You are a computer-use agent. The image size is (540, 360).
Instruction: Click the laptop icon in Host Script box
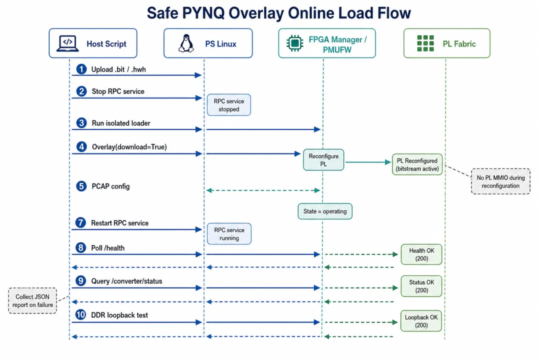click(67, 43)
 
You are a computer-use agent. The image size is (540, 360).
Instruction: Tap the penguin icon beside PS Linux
click(186, 43)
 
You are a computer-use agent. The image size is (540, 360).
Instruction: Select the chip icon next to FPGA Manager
click(295, 43)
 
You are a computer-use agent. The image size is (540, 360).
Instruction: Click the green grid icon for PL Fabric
click(425, 43)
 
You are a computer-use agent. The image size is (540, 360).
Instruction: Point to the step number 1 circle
click(81, 69)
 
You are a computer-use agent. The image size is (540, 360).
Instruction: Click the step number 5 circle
click(81, 186)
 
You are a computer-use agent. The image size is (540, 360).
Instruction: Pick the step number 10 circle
click(80, 314)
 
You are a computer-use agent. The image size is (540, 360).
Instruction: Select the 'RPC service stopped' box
click(229, 105)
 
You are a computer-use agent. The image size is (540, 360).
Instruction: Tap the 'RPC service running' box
click(229, 234)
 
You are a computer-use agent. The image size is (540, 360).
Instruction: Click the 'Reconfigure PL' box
click(323, 160)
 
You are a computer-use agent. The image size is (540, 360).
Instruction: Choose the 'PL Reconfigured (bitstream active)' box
click(417, 164)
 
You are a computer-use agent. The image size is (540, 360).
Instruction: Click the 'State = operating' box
click(325, 211)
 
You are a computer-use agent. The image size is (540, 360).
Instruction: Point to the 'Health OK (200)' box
click(421, 254)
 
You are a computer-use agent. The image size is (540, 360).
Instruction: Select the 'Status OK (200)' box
click(421, 286)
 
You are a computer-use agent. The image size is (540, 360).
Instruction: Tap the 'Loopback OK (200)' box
click(421, 321)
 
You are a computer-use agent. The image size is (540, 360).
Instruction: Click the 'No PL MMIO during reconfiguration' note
click(500, 181)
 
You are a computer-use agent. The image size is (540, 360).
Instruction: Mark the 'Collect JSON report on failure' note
click(32, 300)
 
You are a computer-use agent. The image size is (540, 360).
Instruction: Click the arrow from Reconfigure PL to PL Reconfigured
click(368, 162)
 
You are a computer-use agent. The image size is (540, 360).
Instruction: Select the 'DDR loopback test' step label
click(119, 315)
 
